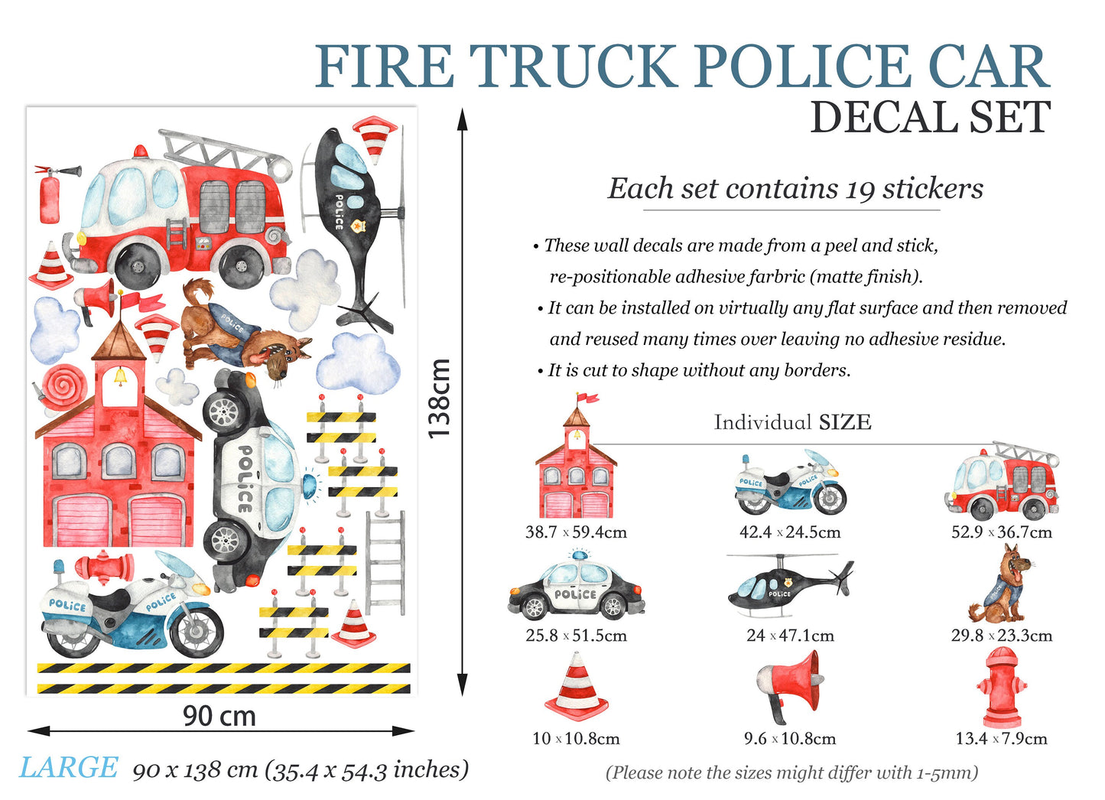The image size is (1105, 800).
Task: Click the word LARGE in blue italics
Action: click(x=68, y=768)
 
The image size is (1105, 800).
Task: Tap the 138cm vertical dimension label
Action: click(x=438, y=398)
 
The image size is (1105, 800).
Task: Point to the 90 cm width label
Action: click(x=219, y=716)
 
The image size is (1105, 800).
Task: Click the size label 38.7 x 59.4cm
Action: click(x=576, y=532)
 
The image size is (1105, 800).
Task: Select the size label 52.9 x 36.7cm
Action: click(x=1002, y=532)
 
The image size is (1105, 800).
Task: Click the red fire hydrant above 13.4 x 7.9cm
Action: click(x=1001, y=687)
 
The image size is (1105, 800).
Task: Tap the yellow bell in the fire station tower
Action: click(x=119, y=376)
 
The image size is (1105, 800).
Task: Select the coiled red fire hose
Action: click(x=61, y=389)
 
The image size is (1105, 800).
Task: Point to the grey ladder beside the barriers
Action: click(x=385, y=563)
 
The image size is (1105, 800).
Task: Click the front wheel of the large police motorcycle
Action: click(x=196, y=631)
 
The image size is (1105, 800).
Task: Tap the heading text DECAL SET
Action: click(x=931, y=118)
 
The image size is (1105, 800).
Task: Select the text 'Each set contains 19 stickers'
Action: click(x=795, y=189)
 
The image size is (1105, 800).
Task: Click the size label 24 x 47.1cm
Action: click(x=790, y=635)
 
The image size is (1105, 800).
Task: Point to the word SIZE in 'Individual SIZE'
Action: click(x=845, y=422)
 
